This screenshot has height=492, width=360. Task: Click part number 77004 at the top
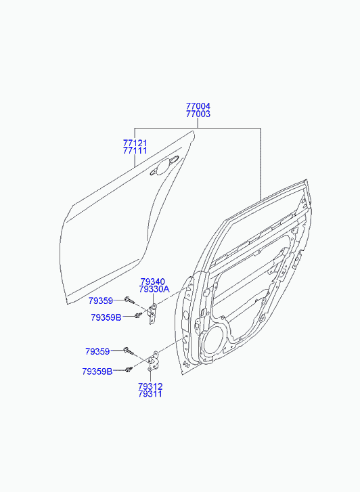[x=198, y=106]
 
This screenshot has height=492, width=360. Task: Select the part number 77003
[x=198, y=114]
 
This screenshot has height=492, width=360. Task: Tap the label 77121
[x=135, y=143]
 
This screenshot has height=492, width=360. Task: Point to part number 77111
[x=135, y=151]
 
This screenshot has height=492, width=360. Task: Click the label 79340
[x=152, y=282]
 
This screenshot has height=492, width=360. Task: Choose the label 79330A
[x=154, y=289]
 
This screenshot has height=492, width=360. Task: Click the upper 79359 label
[x=100, y=301]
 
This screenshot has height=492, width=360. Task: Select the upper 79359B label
[x=106, y=317]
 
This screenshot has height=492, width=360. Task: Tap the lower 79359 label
[x=97, y=351]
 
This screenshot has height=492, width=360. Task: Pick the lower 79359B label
[x=97, y=372]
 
